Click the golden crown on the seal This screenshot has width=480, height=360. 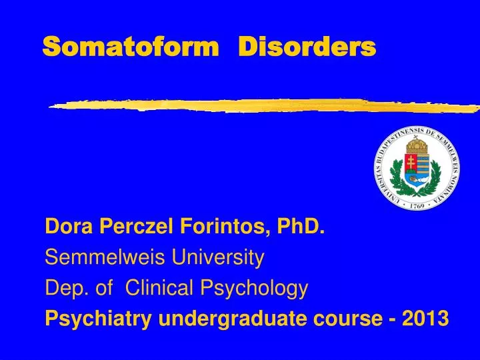[x=417, y=145]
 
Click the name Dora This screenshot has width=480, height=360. [x=71, y=228]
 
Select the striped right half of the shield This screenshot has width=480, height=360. [x=425, y=167]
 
